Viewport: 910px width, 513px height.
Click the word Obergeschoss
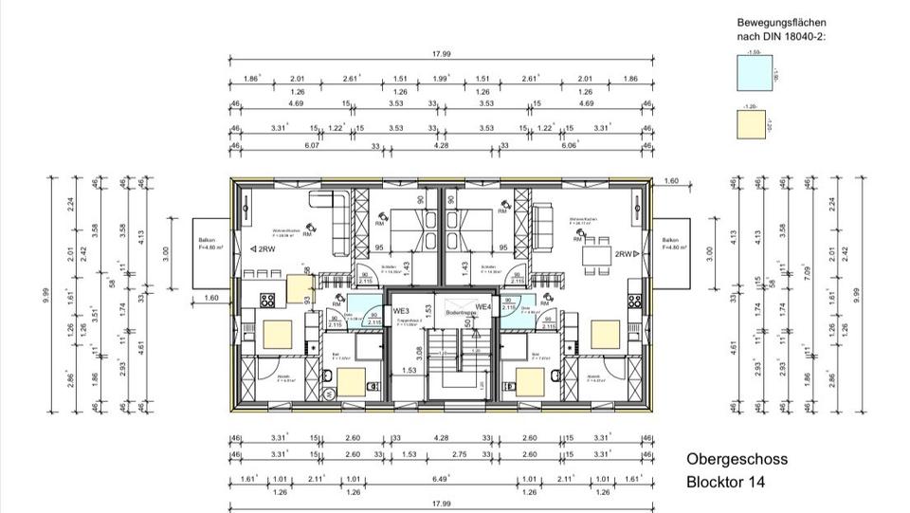[737, 460]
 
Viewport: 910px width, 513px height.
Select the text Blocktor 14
[725, 482]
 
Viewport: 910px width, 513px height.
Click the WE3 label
[401, 310]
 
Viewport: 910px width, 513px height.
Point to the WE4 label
[482, 307]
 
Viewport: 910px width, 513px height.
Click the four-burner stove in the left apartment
[267, 299]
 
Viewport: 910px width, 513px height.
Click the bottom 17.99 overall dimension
[439, 503]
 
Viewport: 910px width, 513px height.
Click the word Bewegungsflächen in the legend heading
[780, 21]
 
